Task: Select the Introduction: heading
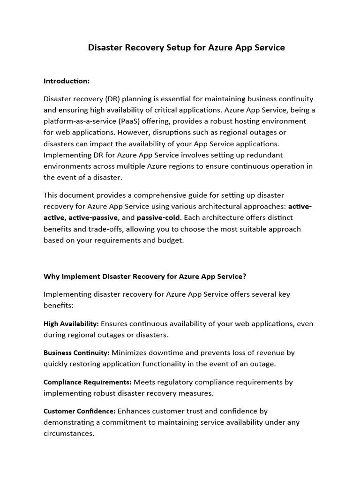pos(67,81)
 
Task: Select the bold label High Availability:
pos(71,324)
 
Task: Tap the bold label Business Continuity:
pos(77,352)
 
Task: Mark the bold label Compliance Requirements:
pos(88,382)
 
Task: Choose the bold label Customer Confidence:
pos(80,411)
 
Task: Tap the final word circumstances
pos(68,434)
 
